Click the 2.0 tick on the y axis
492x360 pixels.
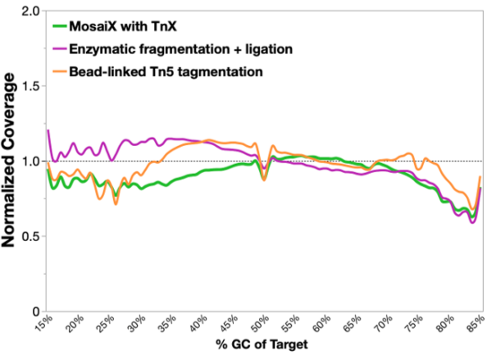pos(30,11)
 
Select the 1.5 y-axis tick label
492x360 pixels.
pos(30,87)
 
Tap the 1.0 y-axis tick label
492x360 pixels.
pos(30,162)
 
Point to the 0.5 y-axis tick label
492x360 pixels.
pos(30,237)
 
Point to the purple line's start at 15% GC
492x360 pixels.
pos(48,130)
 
